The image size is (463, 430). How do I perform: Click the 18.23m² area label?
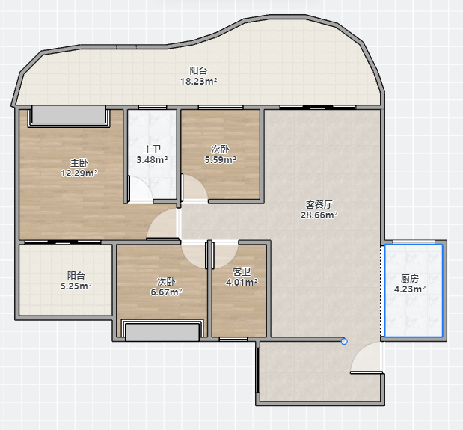coord(199,82)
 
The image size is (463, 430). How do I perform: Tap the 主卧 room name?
coord(79,162)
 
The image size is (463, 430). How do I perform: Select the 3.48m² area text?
coord(152,160)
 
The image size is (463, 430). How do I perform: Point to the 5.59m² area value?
coord(220,160)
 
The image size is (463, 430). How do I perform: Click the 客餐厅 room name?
coord(319,204)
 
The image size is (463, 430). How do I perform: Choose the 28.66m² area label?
coord(319,215)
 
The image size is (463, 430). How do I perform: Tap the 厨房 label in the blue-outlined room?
coord(410,278)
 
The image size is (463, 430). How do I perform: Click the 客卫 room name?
coord(242,271)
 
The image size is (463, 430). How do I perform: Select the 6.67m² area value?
coord(166,292)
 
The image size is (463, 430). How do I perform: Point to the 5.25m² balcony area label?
coord(76,286)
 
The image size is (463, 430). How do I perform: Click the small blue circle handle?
coord(344,342)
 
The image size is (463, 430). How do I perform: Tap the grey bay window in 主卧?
coord(69,115)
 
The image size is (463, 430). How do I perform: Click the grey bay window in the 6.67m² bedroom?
coord(162,332)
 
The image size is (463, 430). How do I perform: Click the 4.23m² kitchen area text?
coord(410,289)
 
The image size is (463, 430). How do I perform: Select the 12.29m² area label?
coord(79,173)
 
